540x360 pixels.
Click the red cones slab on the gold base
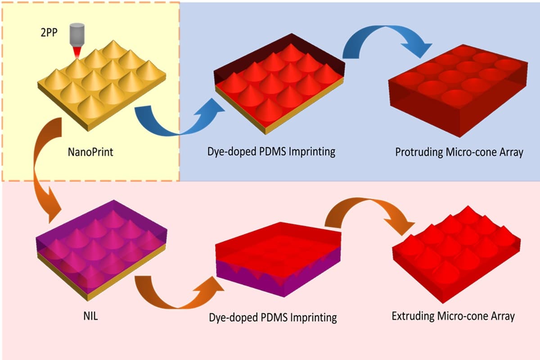279,90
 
